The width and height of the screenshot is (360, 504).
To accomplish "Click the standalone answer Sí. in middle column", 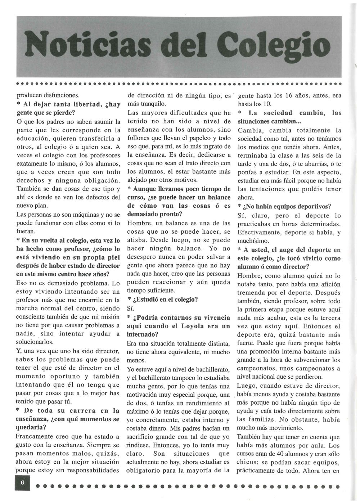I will pos(130,308).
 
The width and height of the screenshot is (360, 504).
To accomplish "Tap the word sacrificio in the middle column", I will pos(144,437).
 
